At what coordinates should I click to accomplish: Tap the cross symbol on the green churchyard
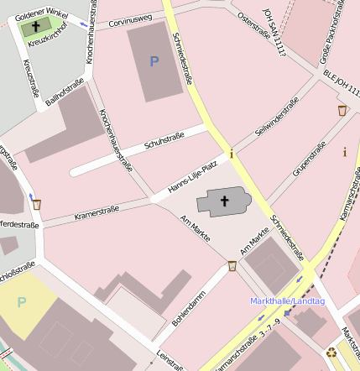(x=35, y=28)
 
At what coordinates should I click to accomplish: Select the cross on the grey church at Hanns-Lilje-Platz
(x=225, y=201)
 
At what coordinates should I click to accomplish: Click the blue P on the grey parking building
(x=154, y=61)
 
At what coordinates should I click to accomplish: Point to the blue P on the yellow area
(x=22, y=302)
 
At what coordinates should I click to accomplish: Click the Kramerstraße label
(x=97, y=212)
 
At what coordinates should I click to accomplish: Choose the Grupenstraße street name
(x=309, y=160)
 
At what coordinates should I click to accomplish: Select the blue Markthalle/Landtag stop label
(x=288, y=300)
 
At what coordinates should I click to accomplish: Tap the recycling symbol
(x=331, y=353)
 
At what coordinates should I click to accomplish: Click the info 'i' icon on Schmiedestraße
(x=232, y=155)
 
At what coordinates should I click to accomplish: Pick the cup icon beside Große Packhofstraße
(x=342, y=111)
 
